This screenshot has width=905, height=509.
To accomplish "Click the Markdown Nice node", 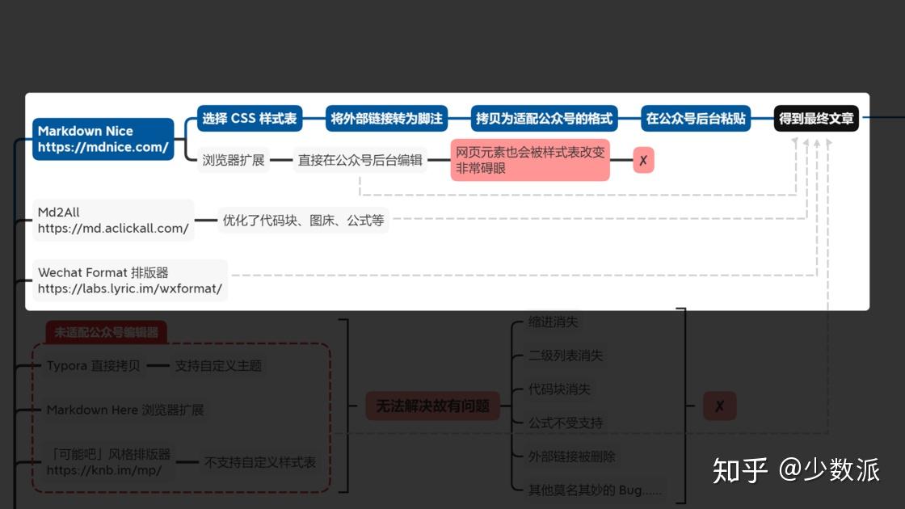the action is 103,139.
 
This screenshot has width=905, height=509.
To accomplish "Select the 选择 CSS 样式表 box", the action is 250,119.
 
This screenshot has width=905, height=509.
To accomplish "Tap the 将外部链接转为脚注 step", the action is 386,119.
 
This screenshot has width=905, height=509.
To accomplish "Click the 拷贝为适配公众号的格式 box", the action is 544,119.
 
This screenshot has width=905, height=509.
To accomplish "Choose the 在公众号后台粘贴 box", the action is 696,119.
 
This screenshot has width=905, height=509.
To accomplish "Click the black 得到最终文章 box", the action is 816,119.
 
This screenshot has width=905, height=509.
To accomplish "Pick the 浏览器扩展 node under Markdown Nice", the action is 234,160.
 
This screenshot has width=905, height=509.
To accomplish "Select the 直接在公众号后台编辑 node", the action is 360,160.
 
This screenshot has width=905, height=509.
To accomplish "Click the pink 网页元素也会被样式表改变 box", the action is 530,160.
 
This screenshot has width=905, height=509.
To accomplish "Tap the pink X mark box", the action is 643,160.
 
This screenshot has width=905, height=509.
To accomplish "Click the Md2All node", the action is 113,221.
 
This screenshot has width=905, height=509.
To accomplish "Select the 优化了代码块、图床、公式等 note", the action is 303,220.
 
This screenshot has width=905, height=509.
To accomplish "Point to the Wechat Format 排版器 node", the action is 129,280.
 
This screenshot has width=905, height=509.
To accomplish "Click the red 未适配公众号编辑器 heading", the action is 107,332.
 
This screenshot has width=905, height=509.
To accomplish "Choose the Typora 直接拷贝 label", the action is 93,366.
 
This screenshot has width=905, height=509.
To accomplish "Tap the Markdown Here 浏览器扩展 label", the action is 125,410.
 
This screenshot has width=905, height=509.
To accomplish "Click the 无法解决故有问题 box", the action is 432,406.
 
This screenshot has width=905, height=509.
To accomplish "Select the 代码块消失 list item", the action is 559,389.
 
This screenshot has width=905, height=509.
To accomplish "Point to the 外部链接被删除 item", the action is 571,456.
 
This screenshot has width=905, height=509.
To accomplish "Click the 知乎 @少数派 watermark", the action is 796,470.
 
